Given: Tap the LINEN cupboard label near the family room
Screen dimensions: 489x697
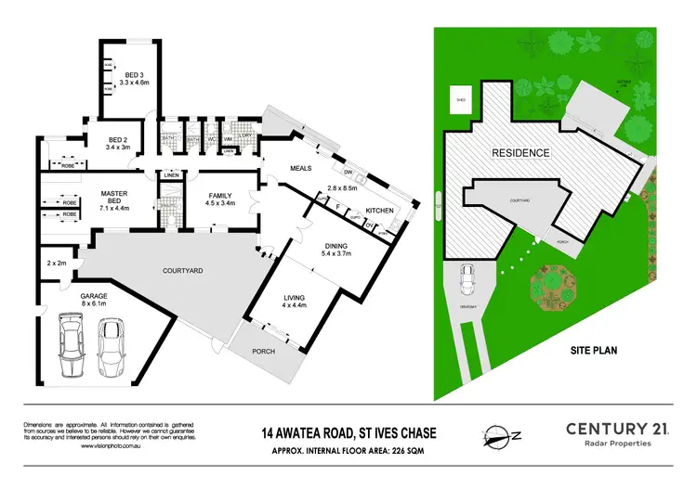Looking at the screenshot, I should (171, 175).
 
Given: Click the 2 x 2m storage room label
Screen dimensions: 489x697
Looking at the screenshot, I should (58, 264).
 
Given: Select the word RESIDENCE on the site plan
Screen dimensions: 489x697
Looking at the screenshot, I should (520, 153).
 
